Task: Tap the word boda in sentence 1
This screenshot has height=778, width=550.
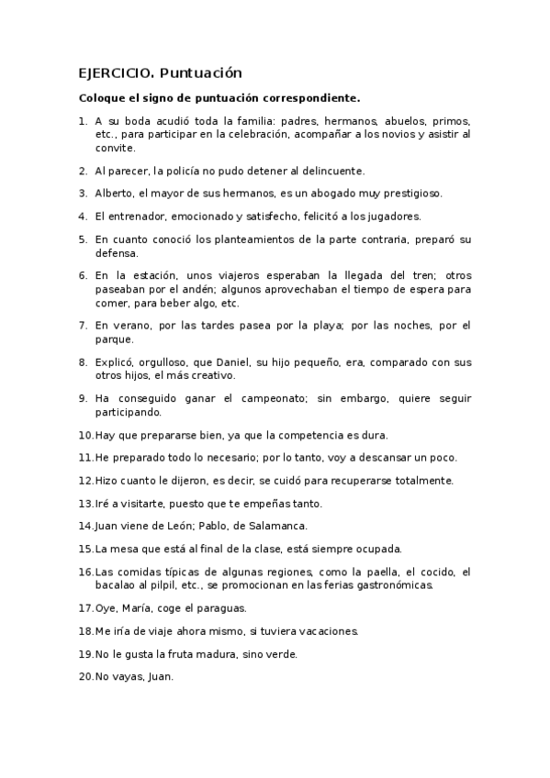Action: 138,121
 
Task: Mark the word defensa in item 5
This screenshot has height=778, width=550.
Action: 116,253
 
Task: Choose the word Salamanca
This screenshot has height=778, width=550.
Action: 273,527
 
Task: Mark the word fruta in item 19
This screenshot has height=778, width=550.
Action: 174,654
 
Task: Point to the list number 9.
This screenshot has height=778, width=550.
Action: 83,399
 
